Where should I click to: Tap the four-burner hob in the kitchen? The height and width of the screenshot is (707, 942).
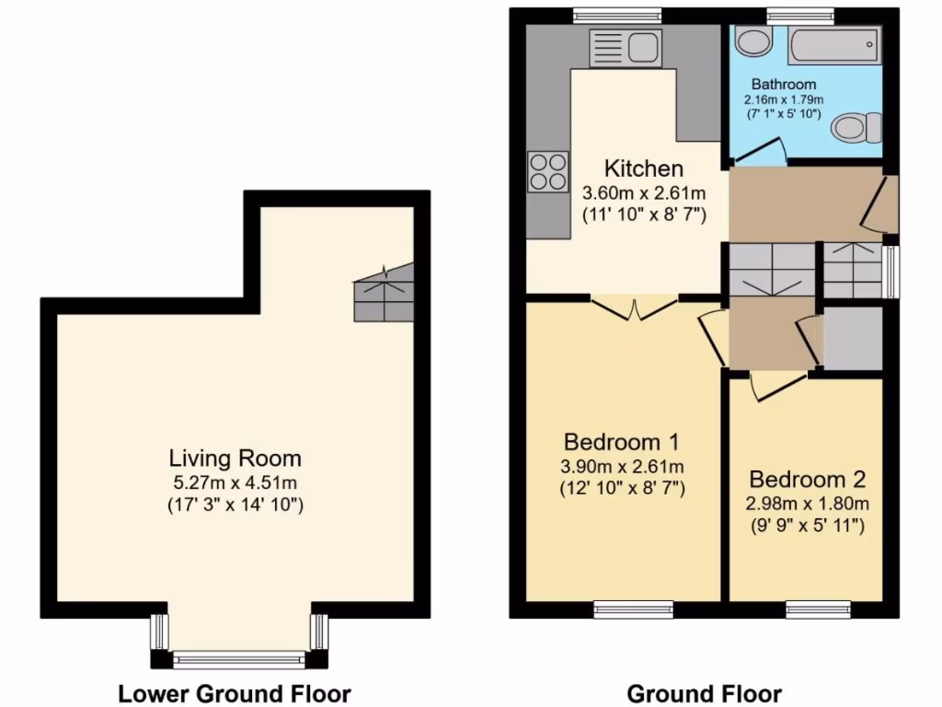click(547, 171)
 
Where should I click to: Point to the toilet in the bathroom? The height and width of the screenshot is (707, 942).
click(856, 127)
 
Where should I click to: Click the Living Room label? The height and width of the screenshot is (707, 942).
click(235, 458)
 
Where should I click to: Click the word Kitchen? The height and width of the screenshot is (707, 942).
click(644, 168)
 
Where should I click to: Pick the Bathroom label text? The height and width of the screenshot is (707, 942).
click(782, 85)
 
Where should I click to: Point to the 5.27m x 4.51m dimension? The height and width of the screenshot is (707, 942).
click(235, 481)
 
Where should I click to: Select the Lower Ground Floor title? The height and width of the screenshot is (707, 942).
click(235, 693)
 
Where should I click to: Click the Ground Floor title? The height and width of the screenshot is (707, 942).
click(704, 693)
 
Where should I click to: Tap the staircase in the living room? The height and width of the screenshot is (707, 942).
click(384, 293)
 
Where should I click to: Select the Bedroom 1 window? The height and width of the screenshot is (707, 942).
click(633, 608)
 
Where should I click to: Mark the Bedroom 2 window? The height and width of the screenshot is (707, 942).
click(818, 608)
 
